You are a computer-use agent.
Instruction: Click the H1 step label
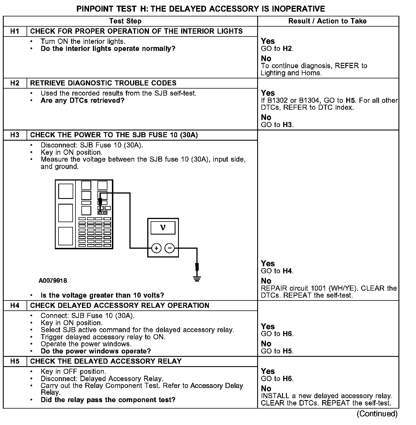[15, 31]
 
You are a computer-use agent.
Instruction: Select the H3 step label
[15, 135]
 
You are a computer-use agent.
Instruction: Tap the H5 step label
[15, 361]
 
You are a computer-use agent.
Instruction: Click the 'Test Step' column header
[125, 21]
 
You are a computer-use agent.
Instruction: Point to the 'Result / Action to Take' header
[327, 21]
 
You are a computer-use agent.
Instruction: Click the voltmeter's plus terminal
[156, 248]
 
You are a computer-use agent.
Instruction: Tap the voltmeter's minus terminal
[170, 248]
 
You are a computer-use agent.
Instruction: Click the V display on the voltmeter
[163, 228]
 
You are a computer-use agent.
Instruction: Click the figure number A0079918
[53, 281]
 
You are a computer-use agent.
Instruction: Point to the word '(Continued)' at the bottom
[377, 414]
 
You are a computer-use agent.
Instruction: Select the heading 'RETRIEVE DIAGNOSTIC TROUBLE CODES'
[103, 83]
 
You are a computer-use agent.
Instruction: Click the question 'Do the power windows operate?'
[96, 351]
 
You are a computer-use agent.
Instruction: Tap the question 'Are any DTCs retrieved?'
[83, 100]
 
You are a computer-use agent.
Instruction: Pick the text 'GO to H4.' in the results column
[277, 271]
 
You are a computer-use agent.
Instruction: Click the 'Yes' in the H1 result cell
[268, 41]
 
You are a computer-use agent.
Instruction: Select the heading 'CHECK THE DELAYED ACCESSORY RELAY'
[106, 361]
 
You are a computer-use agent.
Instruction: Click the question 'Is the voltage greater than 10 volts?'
[102, 295]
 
